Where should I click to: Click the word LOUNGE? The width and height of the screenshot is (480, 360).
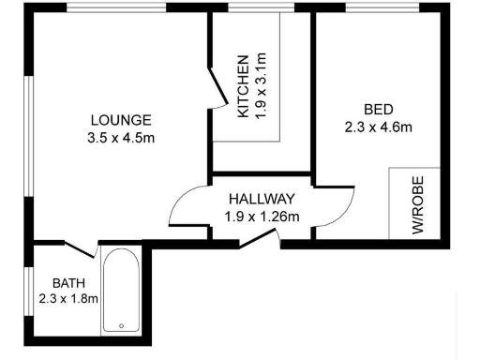pos(120,120)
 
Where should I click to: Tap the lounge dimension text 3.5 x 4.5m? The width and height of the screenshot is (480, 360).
pos(120,138)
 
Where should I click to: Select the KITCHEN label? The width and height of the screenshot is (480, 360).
pos(243,86)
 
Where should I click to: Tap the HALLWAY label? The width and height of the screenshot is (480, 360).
pos(262,199)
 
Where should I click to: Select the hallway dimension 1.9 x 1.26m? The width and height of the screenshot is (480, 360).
pos(262,217)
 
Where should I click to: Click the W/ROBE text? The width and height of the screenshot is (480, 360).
pos(417,203)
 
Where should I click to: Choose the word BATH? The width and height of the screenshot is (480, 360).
pos(68,283)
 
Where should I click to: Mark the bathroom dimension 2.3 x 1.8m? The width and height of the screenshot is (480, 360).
pos(68,299)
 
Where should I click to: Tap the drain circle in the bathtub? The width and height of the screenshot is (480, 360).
pos(120,326)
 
